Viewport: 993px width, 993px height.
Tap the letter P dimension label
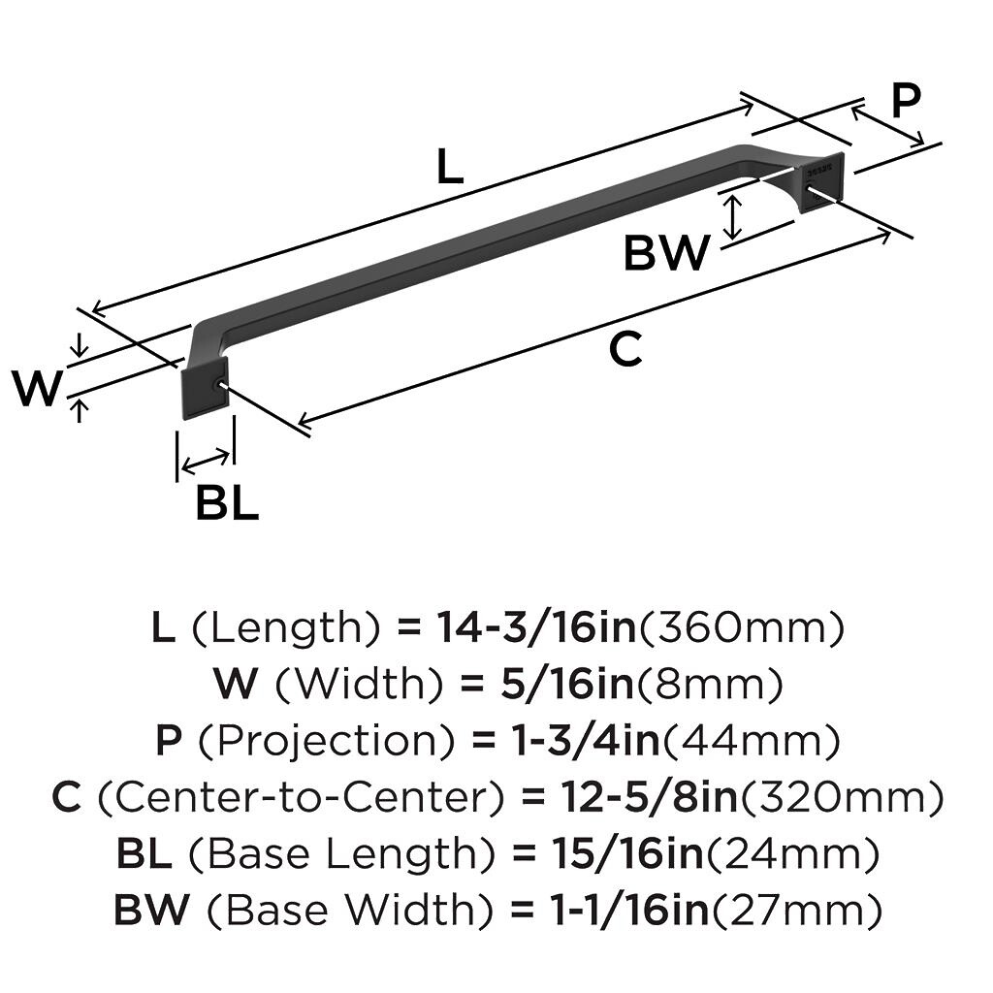point(904,101)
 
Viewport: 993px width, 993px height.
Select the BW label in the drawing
point(666,253)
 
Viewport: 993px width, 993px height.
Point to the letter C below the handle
point(625,349)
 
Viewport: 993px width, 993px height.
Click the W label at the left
point(37,389)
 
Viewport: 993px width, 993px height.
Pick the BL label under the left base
point(227,503)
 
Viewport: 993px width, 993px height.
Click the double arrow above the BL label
point(206,457)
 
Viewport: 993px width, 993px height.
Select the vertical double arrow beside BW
point(734,214)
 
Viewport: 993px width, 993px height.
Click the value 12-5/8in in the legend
point(651,798)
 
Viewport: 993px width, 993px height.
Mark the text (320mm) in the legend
point(843,798)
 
